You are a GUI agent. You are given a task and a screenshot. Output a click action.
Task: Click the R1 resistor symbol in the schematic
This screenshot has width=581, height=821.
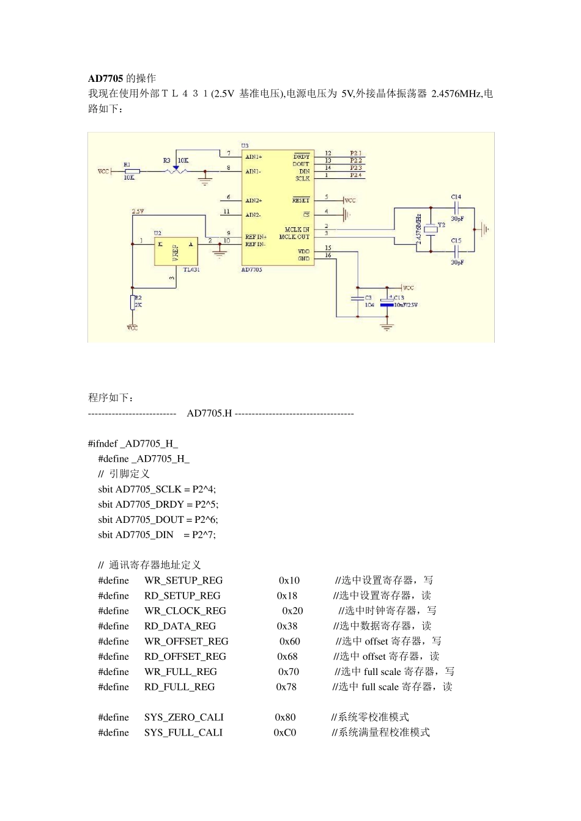(131, 172)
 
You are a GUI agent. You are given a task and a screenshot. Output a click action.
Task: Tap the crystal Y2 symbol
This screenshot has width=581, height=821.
(431, 229)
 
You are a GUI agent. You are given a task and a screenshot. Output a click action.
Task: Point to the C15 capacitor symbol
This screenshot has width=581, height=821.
(456, 251)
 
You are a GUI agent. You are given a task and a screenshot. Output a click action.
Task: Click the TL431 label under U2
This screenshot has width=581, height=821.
(191, 269)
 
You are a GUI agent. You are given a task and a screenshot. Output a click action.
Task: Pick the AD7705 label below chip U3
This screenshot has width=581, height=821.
(252, 269)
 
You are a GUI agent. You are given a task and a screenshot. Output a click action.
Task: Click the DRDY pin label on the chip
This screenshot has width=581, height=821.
(302, 156)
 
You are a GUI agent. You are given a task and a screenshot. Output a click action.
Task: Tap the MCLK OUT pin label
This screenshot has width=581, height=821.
(294, 237)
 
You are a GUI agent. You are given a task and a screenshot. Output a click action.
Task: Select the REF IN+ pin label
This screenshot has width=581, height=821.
(256, 237)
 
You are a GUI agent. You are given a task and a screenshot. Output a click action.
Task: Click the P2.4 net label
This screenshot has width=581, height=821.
(356, 175)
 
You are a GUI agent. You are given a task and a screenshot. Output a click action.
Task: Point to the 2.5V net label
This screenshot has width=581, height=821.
(138, 211)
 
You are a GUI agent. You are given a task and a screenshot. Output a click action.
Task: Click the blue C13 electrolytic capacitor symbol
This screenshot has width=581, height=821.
(387, 303)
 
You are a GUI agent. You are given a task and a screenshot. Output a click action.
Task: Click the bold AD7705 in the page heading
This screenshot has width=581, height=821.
(106, 78)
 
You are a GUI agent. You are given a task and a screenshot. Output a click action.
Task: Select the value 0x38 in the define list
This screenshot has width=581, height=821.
(287, 626)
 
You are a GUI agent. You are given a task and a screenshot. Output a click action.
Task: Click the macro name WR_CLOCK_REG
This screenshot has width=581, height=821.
(185, 611)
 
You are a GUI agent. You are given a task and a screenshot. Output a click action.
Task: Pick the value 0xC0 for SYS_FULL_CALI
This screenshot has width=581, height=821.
(285, 732)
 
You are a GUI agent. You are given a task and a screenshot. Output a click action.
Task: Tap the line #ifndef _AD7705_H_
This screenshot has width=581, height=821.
(133, 443)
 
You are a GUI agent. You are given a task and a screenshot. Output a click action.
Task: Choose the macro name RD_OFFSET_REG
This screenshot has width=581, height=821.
(185, 657)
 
